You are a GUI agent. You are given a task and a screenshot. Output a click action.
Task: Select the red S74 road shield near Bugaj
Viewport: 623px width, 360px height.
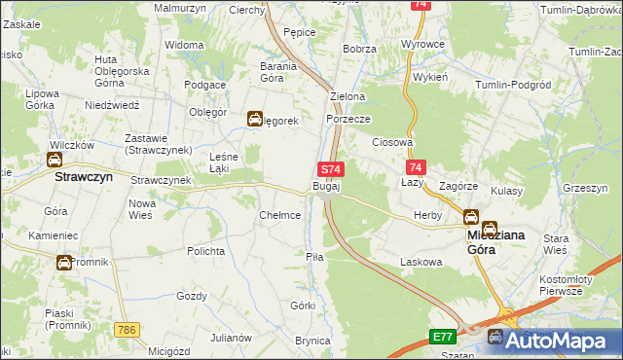(330, 168)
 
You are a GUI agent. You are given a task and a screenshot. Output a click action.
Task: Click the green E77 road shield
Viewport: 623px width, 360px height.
(443, 337)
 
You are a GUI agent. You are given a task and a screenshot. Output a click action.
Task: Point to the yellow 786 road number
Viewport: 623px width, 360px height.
(124, 330)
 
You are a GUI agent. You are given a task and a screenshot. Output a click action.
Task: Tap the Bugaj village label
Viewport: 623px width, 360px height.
(326, 186)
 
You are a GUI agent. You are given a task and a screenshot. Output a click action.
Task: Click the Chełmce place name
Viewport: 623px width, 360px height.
(279, 215)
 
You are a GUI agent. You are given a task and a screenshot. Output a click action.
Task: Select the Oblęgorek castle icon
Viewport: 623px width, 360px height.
(254, 120)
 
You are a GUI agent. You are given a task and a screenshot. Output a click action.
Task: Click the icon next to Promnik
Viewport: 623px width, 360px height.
(63, 262)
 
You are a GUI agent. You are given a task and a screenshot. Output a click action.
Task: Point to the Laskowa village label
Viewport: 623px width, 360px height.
(421, 262)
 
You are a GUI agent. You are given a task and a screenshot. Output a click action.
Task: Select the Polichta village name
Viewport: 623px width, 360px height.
(206, 250)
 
